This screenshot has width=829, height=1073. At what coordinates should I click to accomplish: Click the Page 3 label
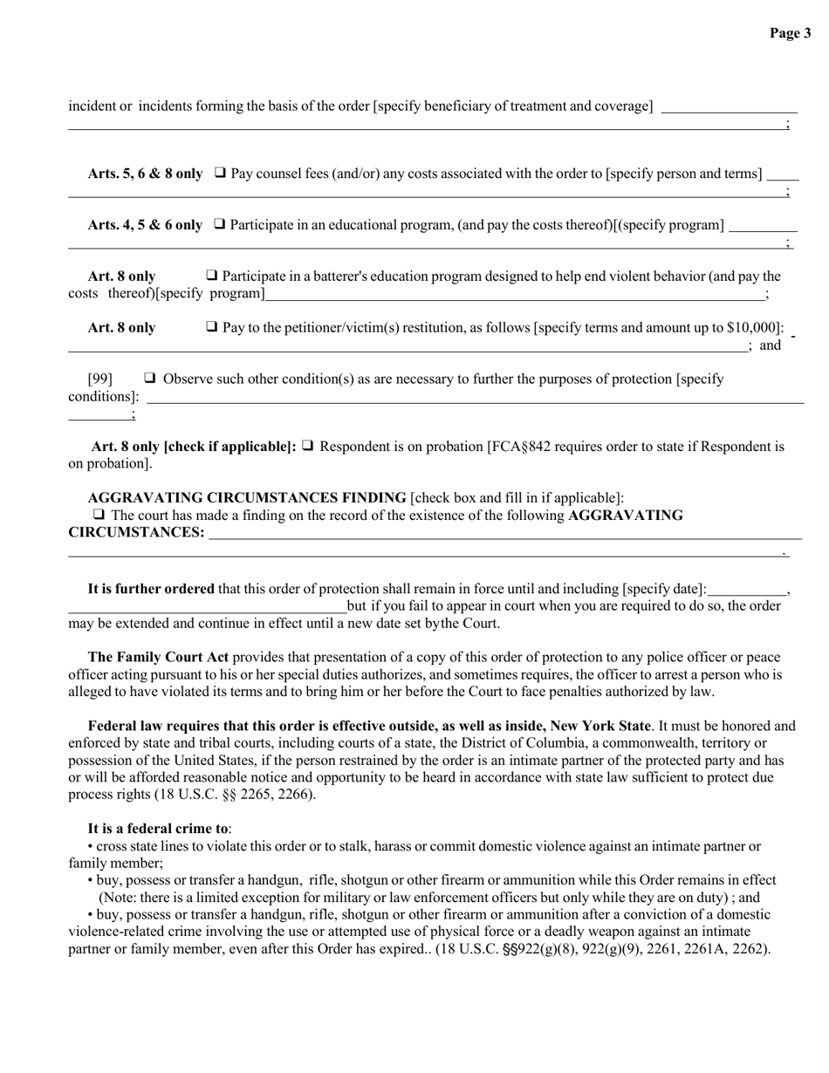pyautogui.click(x=790, y=33)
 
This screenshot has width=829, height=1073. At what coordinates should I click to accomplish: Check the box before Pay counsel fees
pyautogui.click(x=220, y=173)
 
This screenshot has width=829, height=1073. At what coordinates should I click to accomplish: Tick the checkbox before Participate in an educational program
pyautogui.click(x=220, y=224)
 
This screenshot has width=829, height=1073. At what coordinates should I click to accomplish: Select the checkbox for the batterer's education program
pyautogui.click(x=212, y=276)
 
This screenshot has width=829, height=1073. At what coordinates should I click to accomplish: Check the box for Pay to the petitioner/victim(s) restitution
pyautogui.click(x=212, y=327)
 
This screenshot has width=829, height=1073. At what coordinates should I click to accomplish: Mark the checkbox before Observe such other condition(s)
pyautogui.click(x=150, y=379)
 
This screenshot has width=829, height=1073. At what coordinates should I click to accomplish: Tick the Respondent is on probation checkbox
pyautogui.click(x=307, y=447)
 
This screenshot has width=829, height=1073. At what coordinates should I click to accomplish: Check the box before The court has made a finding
pyautogui.click(x=99, y=515)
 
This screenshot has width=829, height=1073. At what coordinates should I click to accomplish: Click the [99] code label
pyautogui.click(x=100, y=379)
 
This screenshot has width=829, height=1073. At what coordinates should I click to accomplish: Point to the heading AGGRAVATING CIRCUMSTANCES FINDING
pyautogui.click(x=247, y=498)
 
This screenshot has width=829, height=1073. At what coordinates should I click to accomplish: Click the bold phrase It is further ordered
pyautogui.click(x=151, y=589)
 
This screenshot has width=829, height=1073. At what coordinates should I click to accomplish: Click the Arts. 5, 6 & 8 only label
pyautogui.click(x=145, y=174)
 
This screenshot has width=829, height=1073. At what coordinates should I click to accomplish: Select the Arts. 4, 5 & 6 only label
pyautogui.click(x=145, y=225)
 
